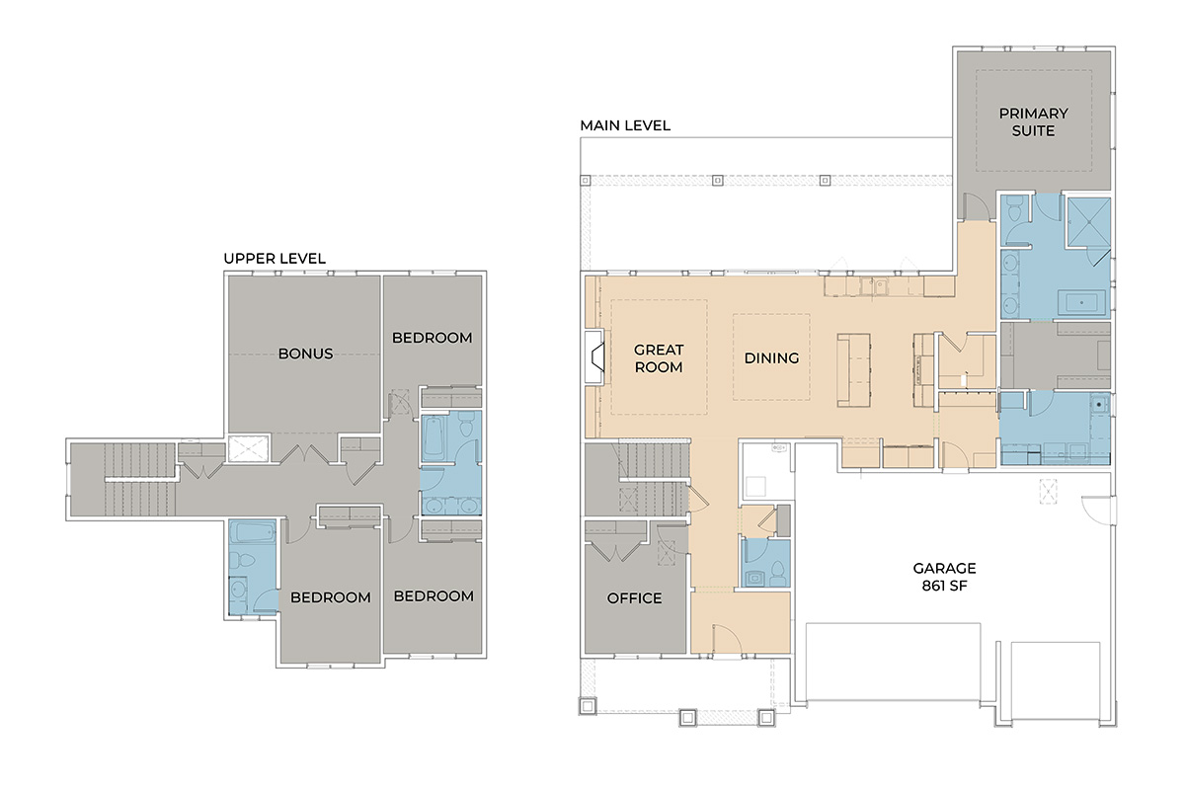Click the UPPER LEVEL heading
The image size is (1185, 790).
pos(275,258)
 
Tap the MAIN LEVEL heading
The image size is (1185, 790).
pos(625,125)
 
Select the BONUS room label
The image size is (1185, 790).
pos(305,354)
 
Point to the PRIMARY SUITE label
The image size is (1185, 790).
pos(1033,121)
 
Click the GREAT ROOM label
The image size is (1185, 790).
pos(659,358)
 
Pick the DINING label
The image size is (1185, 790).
pos(771,358)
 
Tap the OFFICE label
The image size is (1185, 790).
pos(634,597)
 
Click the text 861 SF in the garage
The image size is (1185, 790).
pos(944,586)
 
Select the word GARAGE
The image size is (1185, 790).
pos(944,568)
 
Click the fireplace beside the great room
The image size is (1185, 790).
pos(595,357)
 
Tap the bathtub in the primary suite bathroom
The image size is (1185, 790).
pos(1081,303)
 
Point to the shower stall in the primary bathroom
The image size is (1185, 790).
pos(1088,222)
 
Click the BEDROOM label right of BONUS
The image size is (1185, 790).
pos(432,338)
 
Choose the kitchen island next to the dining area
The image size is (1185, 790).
pos(853,370)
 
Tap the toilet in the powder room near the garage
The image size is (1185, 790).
pos(777,574)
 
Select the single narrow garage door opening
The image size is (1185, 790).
pos(1056,680)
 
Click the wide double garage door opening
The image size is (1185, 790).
pos(893,662)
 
